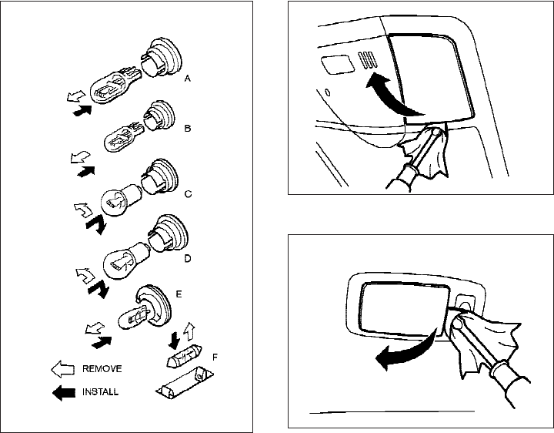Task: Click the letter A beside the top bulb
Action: (188, 79)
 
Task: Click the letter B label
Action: (188, 129)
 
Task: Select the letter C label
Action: (189, 196)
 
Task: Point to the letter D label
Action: (188, 258)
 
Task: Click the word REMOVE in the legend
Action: (102, 369)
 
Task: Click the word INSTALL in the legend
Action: (101, 392)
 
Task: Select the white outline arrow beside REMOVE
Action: (62, 369)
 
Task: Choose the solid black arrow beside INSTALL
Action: (62, 392)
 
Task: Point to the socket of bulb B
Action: (158, 117)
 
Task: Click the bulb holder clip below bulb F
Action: (183, 384)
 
